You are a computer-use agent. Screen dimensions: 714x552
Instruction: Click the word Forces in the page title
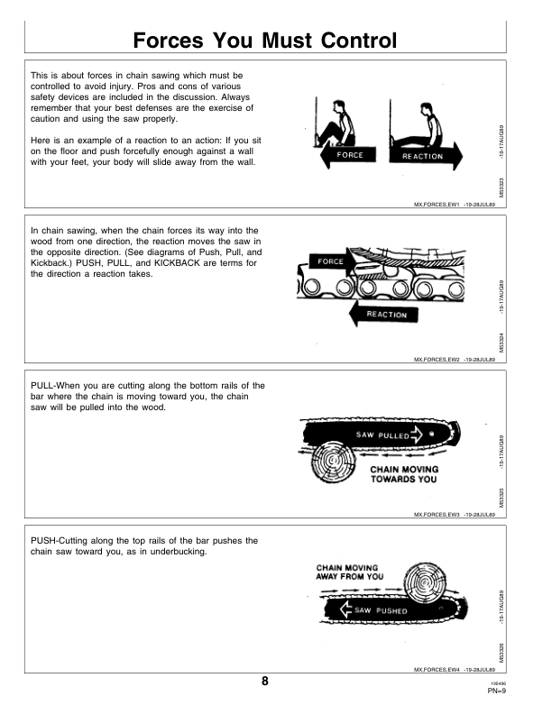click(x=170, y=41)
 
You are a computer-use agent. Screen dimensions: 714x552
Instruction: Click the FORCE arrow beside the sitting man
click(x=348, y=155)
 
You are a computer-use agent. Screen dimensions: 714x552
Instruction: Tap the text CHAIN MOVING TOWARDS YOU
click(x=403, y=474)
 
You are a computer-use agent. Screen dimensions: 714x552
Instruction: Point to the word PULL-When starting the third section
click(x=56, y=386)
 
